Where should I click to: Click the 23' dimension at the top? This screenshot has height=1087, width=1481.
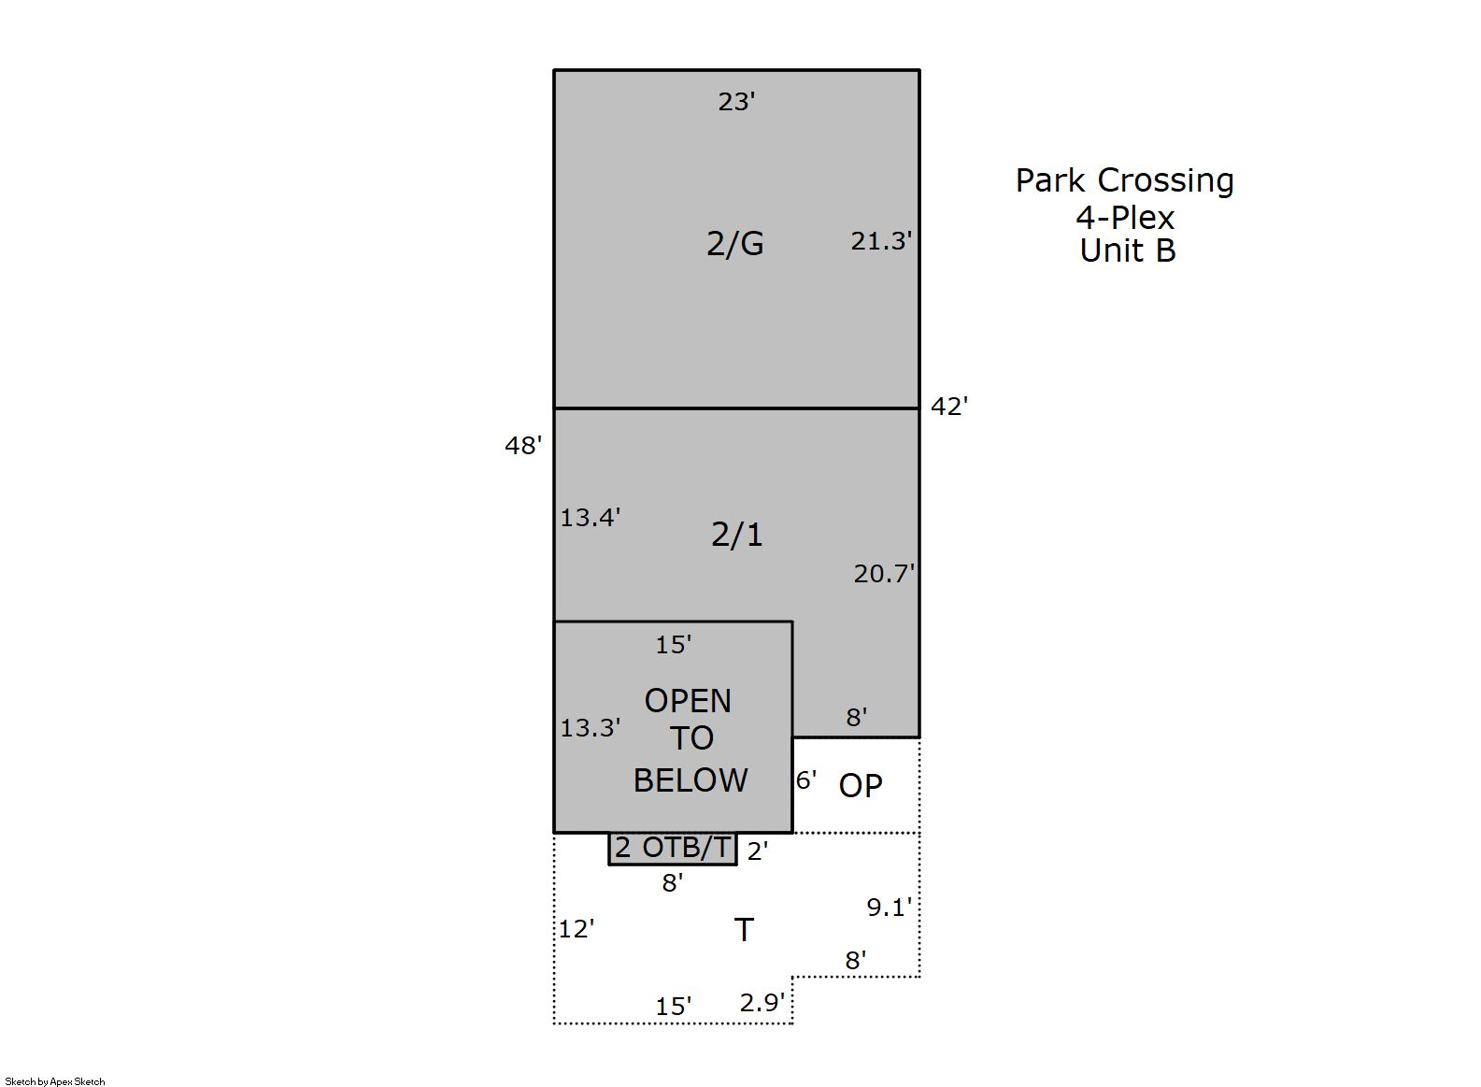[736, 102]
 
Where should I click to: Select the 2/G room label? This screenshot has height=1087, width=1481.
[735, 243]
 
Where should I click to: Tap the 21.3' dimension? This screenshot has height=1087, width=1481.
[881, 241]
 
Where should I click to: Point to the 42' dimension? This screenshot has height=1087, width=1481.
[949, 406]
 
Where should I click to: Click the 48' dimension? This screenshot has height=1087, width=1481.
[523, 446]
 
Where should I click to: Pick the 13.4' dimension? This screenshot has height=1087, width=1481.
[591, 518]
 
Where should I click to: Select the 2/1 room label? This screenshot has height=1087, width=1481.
[736, 535]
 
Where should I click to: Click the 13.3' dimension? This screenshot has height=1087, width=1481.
[591, 728]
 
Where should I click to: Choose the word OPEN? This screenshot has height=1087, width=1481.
[689, 701]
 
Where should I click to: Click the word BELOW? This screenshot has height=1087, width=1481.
[691, 780]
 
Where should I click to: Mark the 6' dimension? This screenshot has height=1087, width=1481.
[806, 780]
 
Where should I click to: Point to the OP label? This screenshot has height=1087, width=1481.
[861, 785]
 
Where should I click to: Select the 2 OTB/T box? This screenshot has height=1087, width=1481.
[673, 849]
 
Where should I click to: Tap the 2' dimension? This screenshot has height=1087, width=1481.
[758, 851]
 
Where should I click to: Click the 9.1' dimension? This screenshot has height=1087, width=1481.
[890, 908]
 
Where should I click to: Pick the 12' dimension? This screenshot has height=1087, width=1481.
[577, 929]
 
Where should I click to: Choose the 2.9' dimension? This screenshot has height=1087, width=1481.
[762, 1003]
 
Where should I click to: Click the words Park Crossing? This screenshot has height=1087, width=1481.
[1125, 181]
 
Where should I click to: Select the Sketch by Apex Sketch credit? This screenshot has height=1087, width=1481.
[55, 1081]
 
